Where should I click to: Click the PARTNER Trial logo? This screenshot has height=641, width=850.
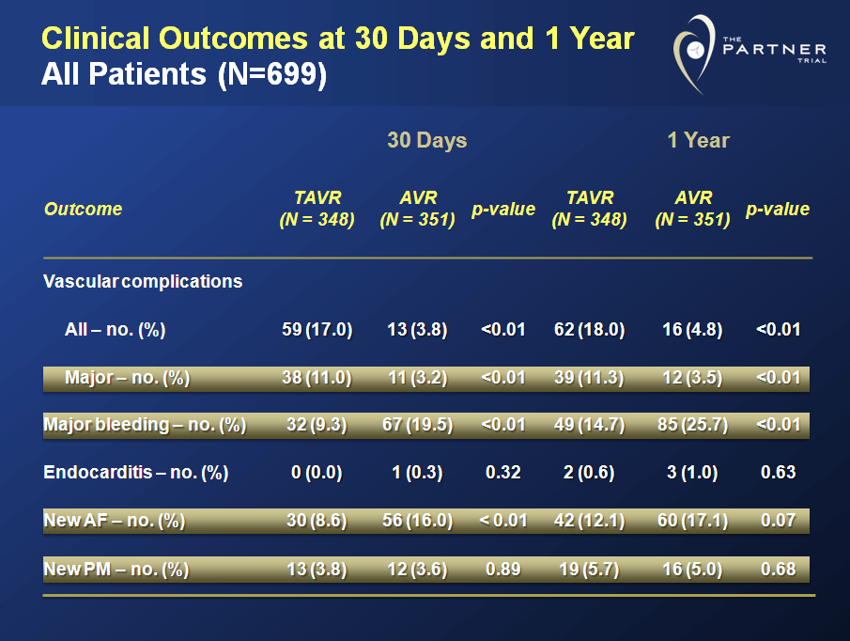click(748, 53)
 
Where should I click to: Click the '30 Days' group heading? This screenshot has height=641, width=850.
click(427, 141)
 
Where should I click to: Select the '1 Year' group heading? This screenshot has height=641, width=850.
click(698, 141)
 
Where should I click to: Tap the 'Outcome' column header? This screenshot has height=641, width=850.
click(84, 209)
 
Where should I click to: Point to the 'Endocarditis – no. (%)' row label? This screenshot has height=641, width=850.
click(136, 473)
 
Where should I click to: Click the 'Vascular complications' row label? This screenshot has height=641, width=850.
click(143, 281)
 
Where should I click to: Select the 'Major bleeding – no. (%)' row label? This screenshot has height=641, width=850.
click(145, 425)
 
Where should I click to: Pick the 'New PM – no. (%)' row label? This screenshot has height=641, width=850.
click(116, 569)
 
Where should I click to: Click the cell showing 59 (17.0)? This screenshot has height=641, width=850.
click(317, 330)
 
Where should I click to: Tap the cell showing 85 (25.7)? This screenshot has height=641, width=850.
click(692, 425)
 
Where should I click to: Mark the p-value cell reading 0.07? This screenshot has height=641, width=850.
click(779, 521)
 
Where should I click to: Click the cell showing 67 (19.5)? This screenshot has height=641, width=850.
click(417, 425)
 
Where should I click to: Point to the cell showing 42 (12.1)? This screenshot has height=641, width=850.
click(589, 521)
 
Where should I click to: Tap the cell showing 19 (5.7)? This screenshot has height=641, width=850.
click(589, 569)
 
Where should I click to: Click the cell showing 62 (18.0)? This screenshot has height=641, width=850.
click(589, 330)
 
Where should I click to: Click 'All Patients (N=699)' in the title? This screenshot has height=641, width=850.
click(184, 74)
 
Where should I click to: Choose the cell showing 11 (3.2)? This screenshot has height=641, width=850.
click(417, 378)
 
